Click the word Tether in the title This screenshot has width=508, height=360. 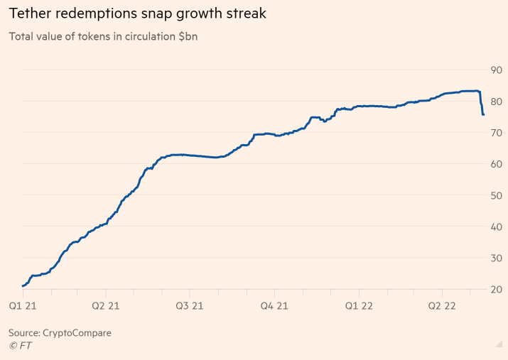point(28,13)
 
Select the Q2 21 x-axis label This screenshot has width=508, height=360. point(106,306)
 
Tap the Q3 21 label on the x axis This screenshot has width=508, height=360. point(190,306)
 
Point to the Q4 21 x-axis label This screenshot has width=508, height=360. point(274,306)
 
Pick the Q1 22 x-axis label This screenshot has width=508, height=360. point(359,306)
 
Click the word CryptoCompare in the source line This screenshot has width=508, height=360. point(77,332)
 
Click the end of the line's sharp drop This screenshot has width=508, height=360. point(483,114)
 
